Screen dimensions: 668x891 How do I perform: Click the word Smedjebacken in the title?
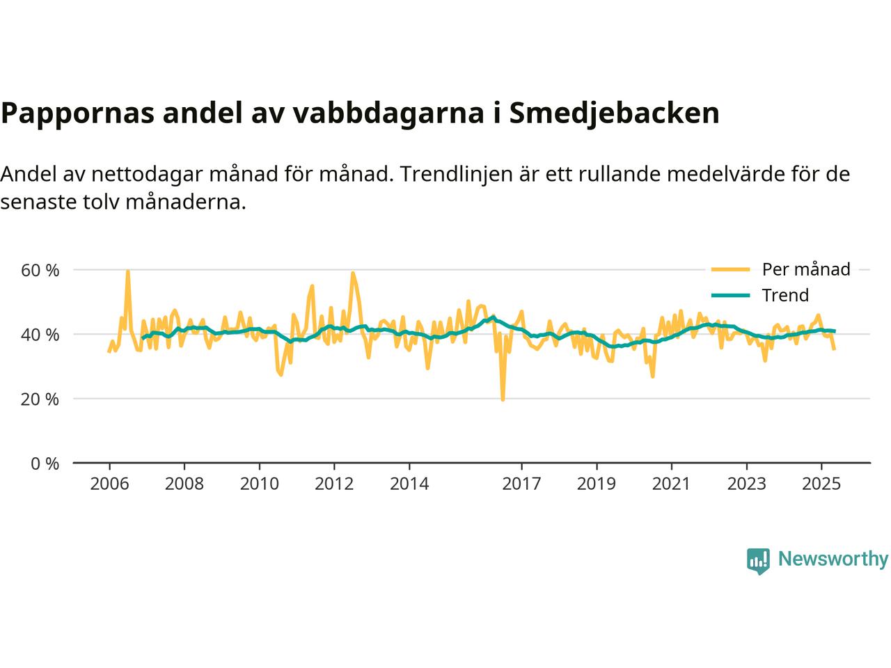614,113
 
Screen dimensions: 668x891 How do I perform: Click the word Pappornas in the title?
77,113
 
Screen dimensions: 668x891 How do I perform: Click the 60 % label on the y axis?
40,270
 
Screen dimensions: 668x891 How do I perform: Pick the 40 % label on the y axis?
40,335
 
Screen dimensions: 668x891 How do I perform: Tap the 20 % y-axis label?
40,399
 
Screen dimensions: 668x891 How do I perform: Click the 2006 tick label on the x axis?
109,484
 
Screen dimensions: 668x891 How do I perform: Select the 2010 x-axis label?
259,484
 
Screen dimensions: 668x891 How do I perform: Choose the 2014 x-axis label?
409,484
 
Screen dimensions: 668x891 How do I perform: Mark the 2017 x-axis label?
521,484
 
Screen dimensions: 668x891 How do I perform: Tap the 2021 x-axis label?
671,484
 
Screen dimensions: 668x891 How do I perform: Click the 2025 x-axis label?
821,484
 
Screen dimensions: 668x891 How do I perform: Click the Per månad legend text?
806,269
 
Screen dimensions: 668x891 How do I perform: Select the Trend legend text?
785,295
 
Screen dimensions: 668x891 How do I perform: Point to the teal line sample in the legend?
730,295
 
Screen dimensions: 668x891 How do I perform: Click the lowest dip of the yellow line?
503,399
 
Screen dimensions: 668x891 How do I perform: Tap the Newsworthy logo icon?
758,560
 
